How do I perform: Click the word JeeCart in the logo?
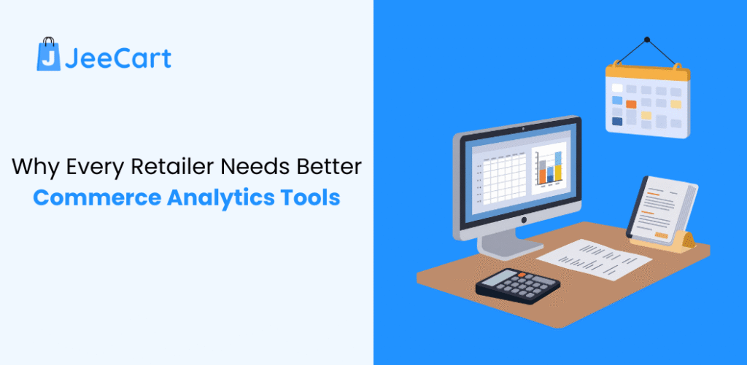(117, 58)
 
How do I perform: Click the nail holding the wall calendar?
(646, 39)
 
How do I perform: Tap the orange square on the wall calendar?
(631, 103)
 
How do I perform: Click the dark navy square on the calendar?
(617, 121)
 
